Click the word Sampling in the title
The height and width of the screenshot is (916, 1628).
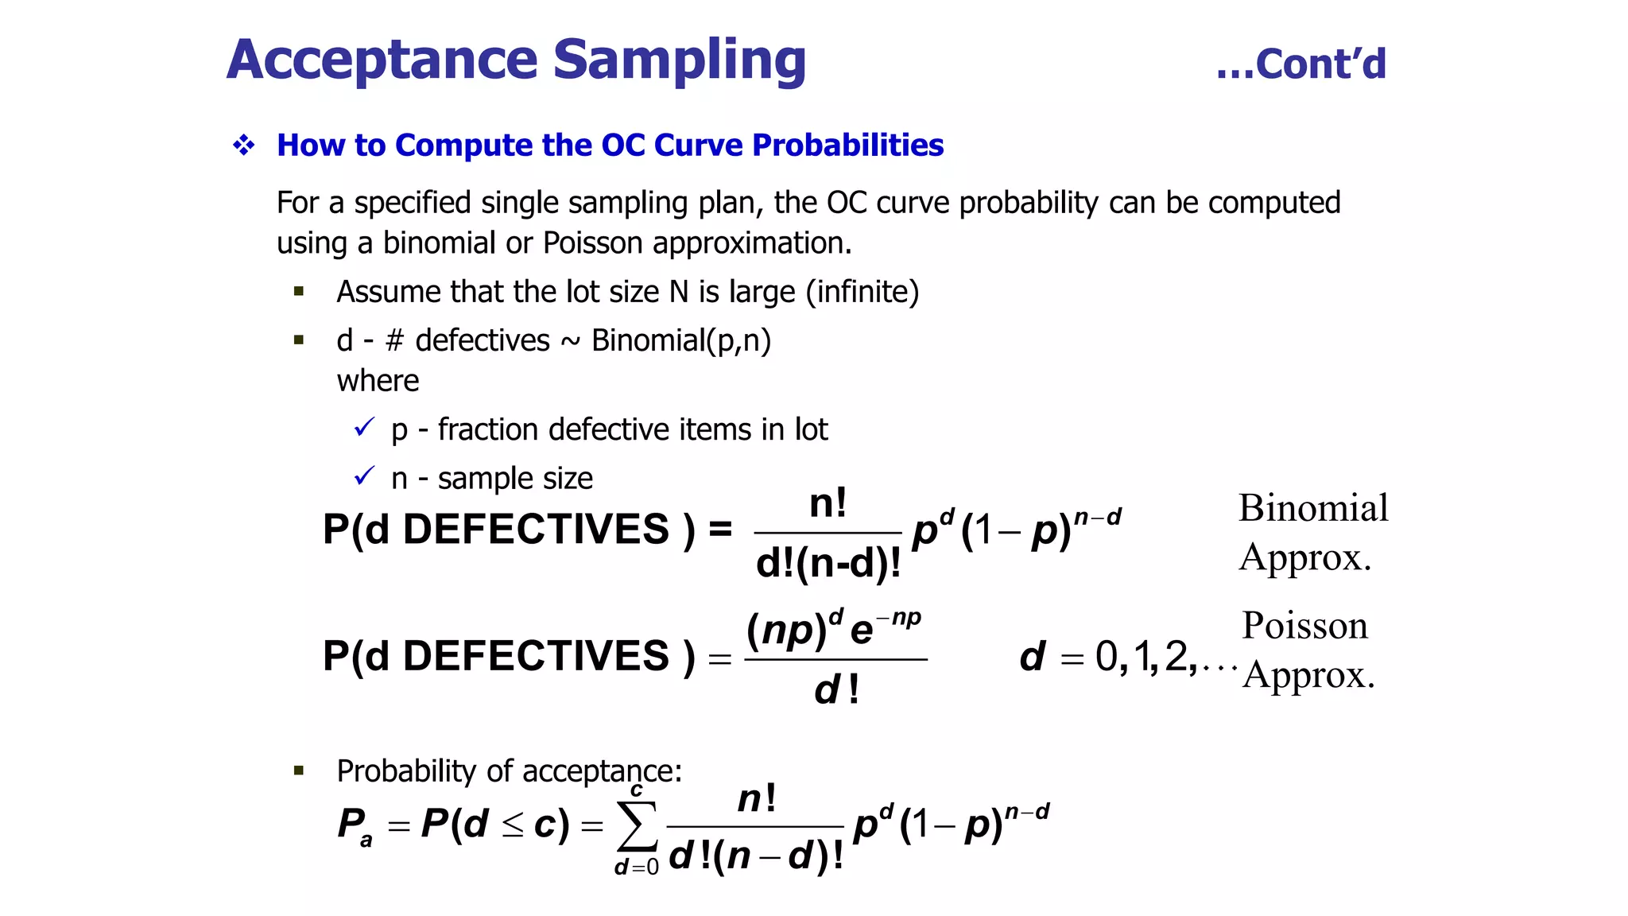[679, 60]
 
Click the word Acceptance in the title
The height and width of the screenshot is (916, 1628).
[383, 60]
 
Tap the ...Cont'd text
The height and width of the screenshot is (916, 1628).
[1301, 64]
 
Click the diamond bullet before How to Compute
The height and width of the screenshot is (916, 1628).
[244, 145]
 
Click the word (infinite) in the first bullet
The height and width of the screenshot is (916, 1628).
[862, 292]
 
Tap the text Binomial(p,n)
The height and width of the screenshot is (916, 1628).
[681, 340]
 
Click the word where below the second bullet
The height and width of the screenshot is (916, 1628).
[378, 381]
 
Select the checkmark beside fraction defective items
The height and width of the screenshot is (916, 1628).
[364, 428]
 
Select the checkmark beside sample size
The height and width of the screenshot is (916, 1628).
[364, 476]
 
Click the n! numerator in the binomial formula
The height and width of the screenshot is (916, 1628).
[828, 504]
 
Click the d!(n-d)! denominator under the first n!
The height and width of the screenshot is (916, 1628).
[828, 564]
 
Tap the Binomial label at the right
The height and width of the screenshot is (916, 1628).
[1313, 508]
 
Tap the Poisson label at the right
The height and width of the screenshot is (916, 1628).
[1304, 626]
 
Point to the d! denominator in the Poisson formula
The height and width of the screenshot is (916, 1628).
[836, 689]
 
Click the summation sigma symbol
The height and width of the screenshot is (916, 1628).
[638, 827]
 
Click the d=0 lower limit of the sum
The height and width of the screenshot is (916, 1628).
[637, 867]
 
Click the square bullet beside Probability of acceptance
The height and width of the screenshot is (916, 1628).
[299, 770]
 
